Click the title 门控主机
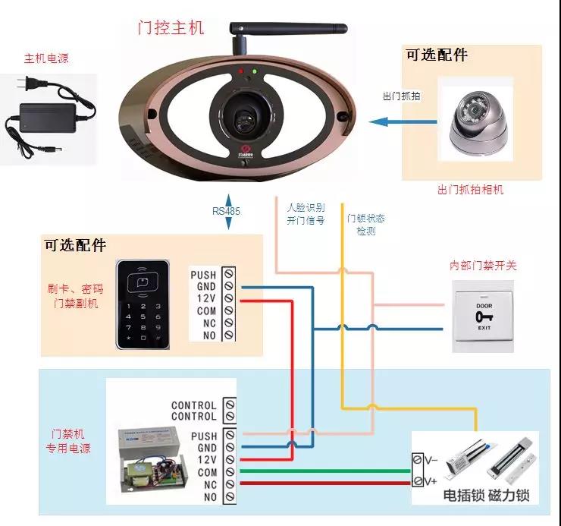(171, 28)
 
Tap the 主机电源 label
(46, 59)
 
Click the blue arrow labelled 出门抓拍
(401, 120)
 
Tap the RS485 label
(226, 212)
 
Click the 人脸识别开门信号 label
(305, 213)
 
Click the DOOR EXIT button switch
(484, 316)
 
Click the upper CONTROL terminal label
(193, 405)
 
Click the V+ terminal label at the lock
(430, 481)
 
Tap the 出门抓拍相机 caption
(471, 190)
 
